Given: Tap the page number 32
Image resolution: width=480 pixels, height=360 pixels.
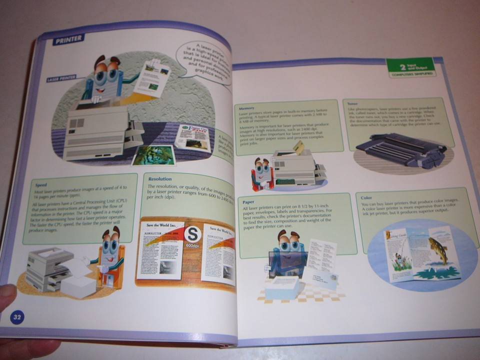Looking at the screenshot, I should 17,316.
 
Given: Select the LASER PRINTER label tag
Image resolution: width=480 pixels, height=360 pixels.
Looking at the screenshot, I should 61,79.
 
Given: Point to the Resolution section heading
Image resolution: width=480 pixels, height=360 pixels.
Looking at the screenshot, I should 159,178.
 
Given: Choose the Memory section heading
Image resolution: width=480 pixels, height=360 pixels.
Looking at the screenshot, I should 246,108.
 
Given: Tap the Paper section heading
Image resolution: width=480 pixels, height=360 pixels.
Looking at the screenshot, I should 248,202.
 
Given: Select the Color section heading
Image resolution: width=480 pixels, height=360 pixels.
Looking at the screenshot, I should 366,198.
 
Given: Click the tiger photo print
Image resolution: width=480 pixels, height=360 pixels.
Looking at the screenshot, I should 153,155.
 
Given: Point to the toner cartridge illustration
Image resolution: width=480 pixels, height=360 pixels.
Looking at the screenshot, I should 400,150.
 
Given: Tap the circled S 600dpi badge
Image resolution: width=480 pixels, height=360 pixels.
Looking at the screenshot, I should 192,235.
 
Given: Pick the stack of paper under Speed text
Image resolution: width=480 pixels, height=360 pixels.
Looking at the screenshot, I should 77,286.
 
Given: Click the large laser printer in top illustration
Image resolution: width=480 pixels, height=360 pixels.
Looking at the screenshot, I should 97,132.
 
